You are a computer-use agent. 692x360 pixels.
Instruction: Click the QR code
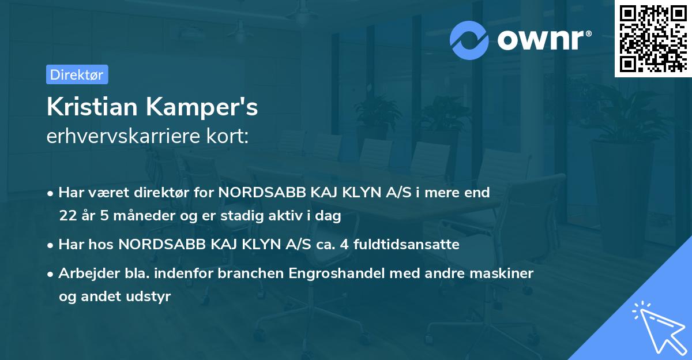pyautogui.click(x=653, y=39)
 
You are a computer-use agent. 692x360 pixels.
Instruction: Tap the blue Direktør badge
pyautogui.click(x=77, y=74)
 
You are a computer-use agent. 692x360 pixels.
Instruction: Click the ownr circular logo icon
pyautogui.click(x=470, y=40)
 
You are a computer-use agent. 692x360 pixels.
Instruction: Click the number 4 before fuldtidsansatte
pyautogui.click(x=344, y=245)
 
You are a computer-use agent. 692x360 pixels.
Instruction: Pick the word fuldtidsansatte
pyautogui.click(x=407, y=245)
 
